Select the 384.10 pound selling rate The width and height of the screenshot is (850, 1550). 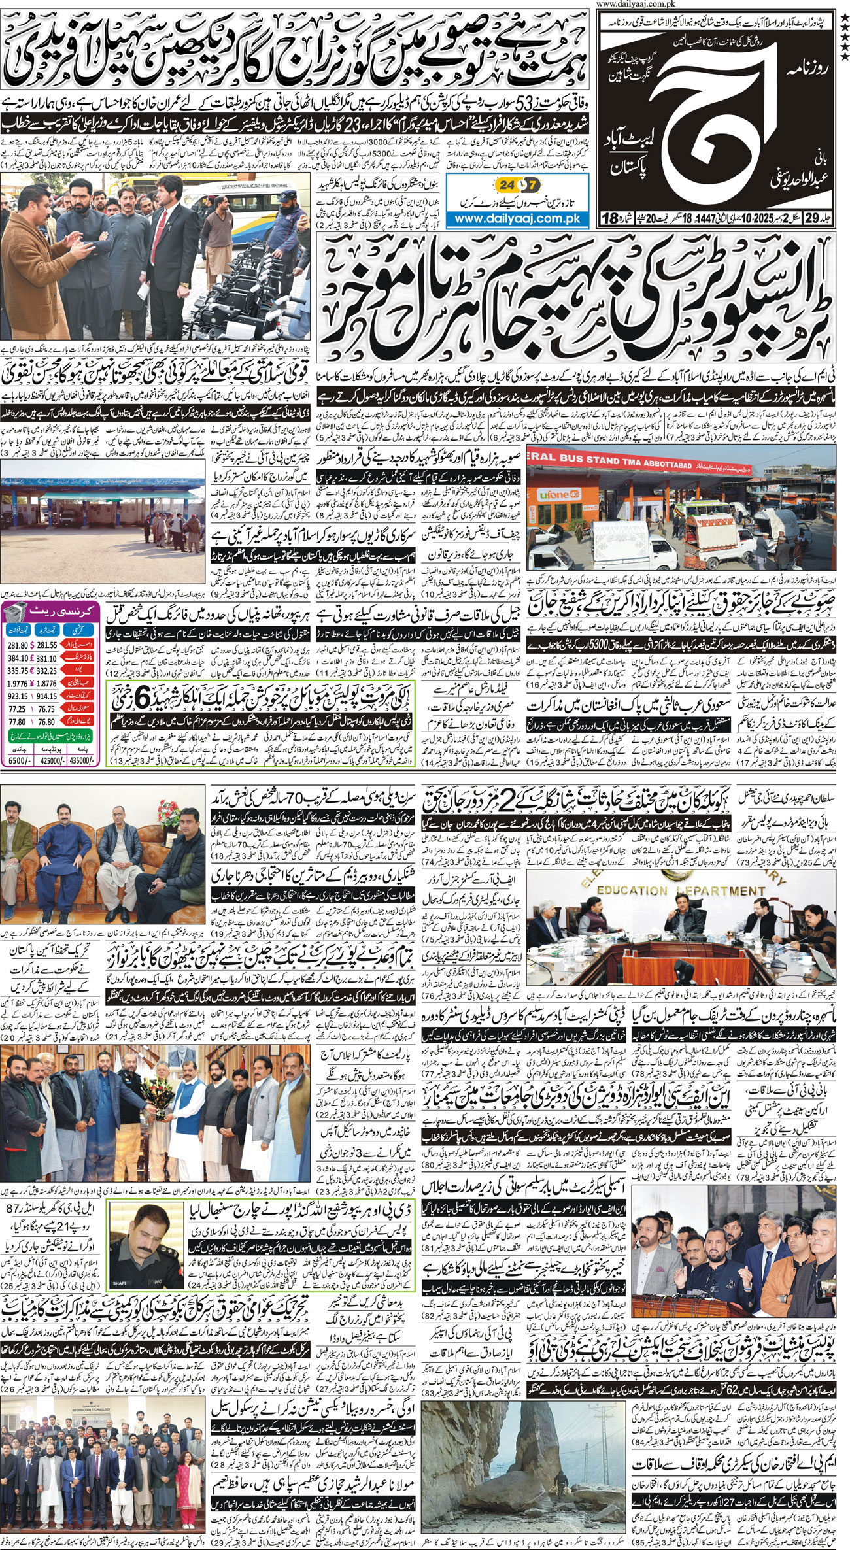point(18,658)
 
